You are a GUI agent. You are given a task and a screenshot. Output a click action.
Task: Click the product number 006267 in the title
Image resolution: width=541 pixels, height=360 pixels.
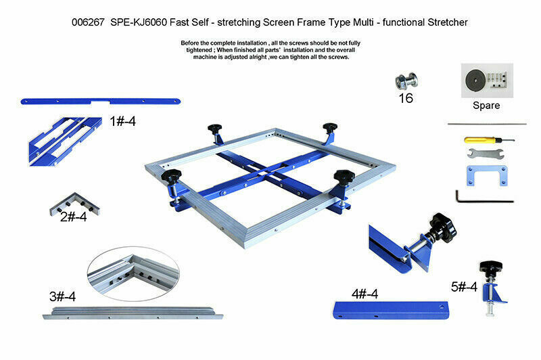88,22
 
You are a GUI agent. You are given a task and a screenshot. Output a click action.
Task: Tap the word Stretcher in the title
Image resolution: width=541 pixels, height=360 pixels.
448,22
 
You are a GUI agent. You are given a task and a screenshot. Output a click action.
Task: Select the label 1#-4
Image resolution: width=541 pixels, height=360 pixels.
123,121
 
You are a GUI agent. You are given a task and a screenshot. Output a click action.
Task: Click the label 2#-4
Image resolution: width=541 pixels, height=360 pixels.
74,217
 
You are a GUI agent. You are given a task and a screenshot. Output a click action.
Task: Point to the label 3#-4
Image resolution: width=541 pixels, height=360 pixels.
62,296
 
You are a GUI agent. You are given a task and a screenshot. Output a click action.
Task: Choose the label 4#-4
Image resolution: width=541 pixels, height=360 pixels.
364,294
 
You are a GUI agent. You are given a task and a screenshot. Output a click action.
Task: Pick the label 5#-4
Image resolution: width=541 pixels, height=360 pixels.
464,286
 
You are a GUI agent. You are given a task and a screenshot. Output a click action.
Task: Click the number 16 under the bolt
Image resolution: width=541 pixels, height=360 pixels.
406,98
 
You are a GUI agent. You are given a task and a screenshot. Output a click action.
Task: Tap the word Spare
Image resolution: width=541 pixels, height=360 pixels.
486,106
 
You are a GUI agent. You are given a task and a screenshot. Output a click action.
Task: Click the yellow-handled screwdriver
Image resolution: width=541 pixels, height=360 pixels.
489,140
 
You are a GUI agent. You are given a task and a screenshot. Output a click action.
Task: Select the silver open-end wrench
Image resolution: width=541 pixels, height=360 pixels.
486,153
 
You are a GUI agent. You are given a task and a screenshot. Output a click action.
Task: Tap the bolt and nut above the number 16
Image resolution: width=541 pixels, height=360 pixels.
406,81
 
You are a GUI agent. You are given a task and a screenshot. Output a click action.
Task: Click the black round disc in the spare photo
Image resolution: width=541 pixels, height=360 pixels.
475,81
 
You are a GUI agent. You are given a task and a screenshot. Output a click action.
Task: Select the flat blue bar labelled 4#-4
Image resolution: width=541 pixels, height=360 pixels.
391,311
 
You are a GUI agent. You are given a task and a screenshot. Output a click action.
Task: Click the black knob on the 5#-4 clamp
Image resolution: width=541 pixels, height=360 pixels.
490,267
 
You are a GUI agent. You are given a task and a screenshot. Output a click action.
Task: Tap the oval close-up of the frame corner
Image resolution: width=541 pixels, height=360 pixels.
133,273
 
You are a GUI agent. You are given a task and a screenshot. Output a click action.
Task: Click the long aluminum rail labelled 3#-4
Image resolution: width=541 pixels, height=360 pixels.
133,313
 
